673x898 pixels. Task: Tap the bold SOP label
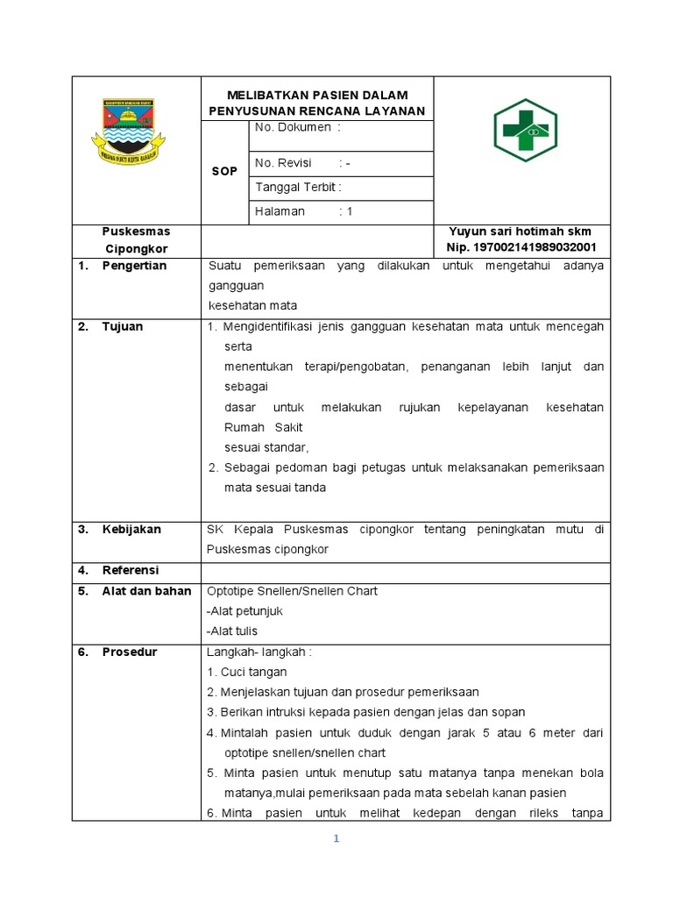(x=224, y=171)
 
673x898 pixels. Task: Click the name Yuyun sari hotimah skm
(x=521, y=232)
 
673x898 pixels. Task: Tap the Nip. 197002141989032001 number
(x=521, y=248)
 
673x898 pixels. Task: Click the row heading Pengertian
(x=134, y=266)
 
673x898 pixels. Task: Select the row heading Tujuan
(x=122, y=326)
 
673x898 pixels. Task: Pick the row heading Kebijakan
(x=131, y=529)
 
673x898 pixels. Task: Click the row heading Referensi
(x=131, y=570)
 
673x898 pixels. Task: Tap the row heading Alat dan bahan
(x=146, y=591)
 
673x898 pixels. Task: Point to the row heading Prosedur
(x=130, y=652)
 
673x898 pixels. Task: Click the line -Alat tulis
(x=232, y=631)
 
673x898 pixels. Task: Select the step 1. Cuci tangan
(x=248, y=672)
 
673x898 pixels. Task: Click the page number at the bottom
(x=336, y=838)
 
